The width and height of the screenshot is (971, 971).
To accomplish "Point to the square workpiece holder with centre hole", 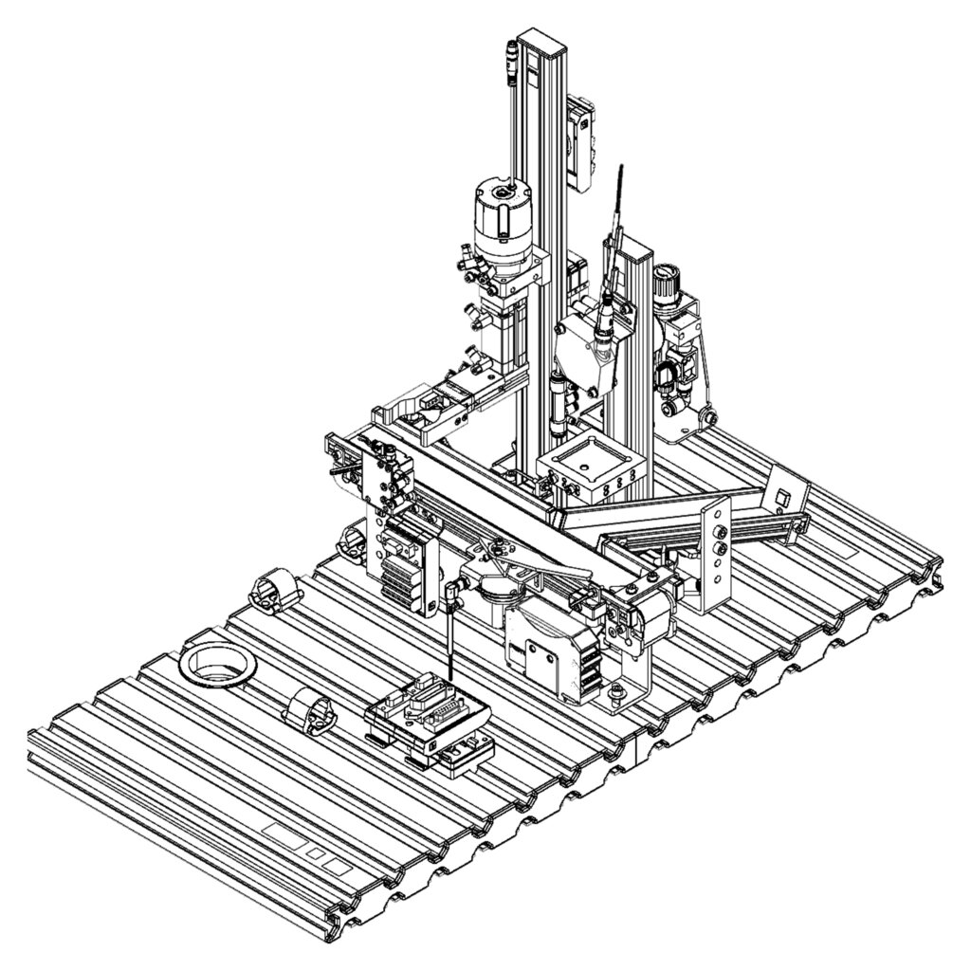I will tap(590, 471).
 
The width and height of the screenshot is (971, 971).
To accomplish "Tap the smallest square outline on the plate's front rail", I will tap(314, 853).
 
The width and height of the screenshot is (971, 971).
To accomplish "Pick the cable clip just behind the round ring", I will tap(273, 591).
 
